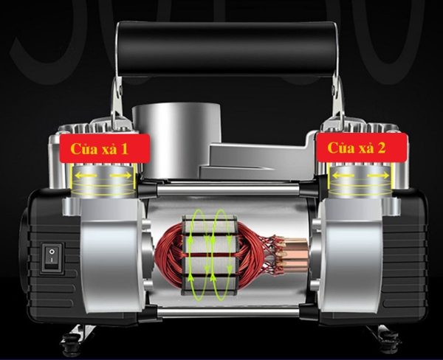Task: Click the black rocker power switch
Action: pos(52,258)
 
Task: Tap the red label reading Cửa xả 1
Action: pos(105,149)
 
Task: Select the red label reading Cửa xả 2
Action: pos(362,148)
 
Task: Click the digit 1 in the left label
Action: pos(124,149)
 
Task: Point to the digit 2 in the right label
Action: pos(381,148)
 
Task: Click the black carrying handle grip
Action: pos(227,49)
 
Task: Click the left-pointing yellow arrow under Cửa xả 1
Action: pos(86,176)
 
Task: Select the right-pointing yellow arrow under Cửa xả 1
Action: pos(120,176)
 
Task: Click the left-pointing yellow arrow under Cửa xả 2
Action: pos(343,176)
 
